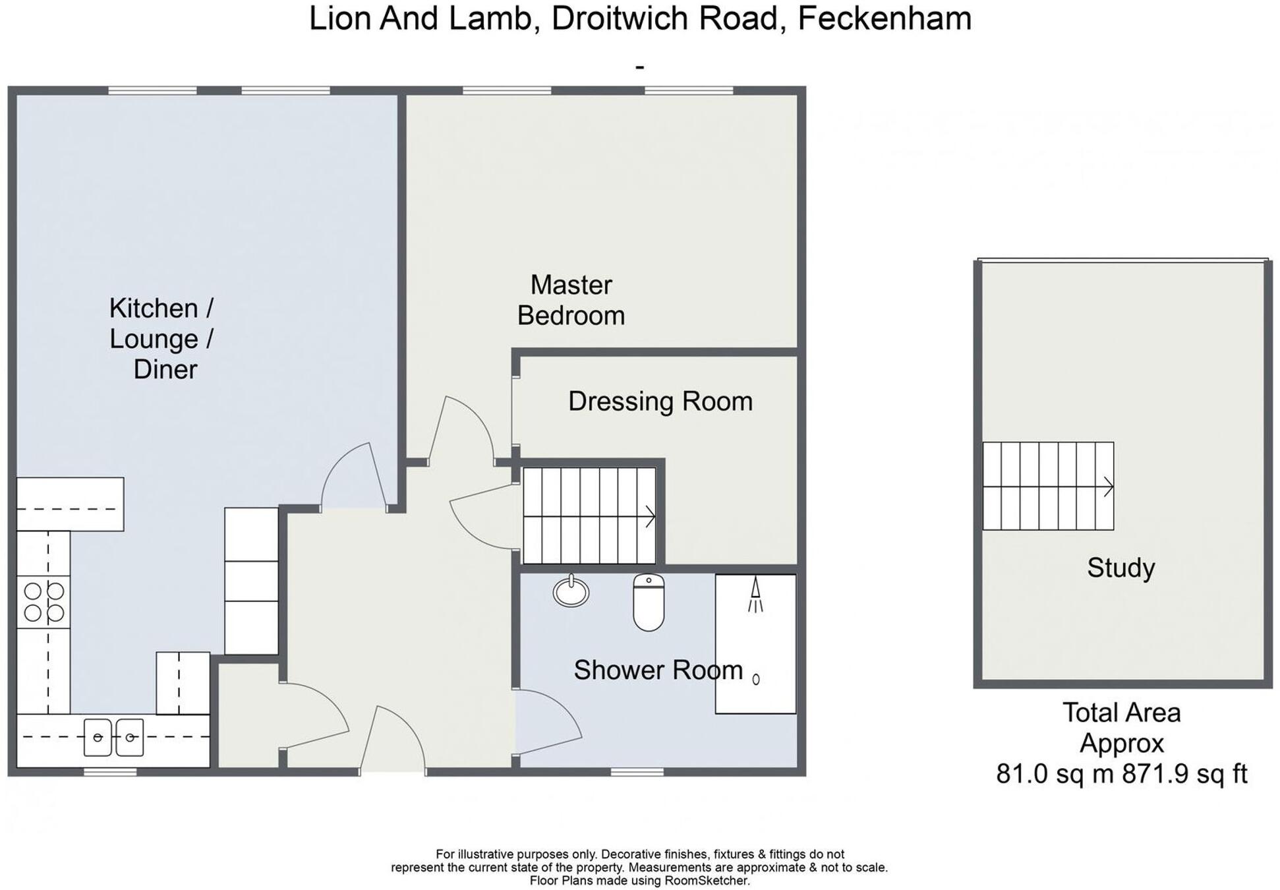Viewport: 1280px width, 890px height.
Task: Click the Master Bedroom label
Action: (x=571, y=301)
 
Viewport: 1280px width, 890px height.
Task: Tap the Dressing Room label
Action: (x=660, y=401)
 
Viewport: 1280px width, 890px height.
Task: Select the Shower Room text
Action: (x=657, y=670)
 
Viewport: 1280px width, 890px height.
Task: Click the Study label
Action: (x=1120, y=568)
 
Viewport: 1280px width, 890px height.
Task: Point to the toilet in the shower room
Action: (x=649, y=602)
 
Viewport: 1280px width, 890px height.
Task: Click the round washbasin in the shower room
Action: (x=571, y=591)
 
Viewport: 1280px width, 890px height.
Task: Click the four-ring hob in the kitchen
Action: (x=44, y=602)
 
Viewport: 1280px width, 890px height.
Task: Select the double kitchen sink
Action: (x=113, y=737)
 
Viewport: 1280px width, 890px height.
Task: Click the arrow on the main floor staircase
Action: (x=650, y=516)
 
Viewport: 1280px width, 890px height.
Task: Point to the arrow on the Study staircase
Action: (x=1108, y=487)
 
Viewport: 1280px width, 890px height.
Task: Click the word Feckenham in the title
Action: (x=884, y=18)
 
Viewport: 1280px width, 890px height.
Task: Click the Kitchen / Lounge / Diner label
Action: (x=161, y=338)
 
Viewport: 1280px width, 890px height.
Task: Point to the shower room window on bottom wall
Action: (x=637, y=771)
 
